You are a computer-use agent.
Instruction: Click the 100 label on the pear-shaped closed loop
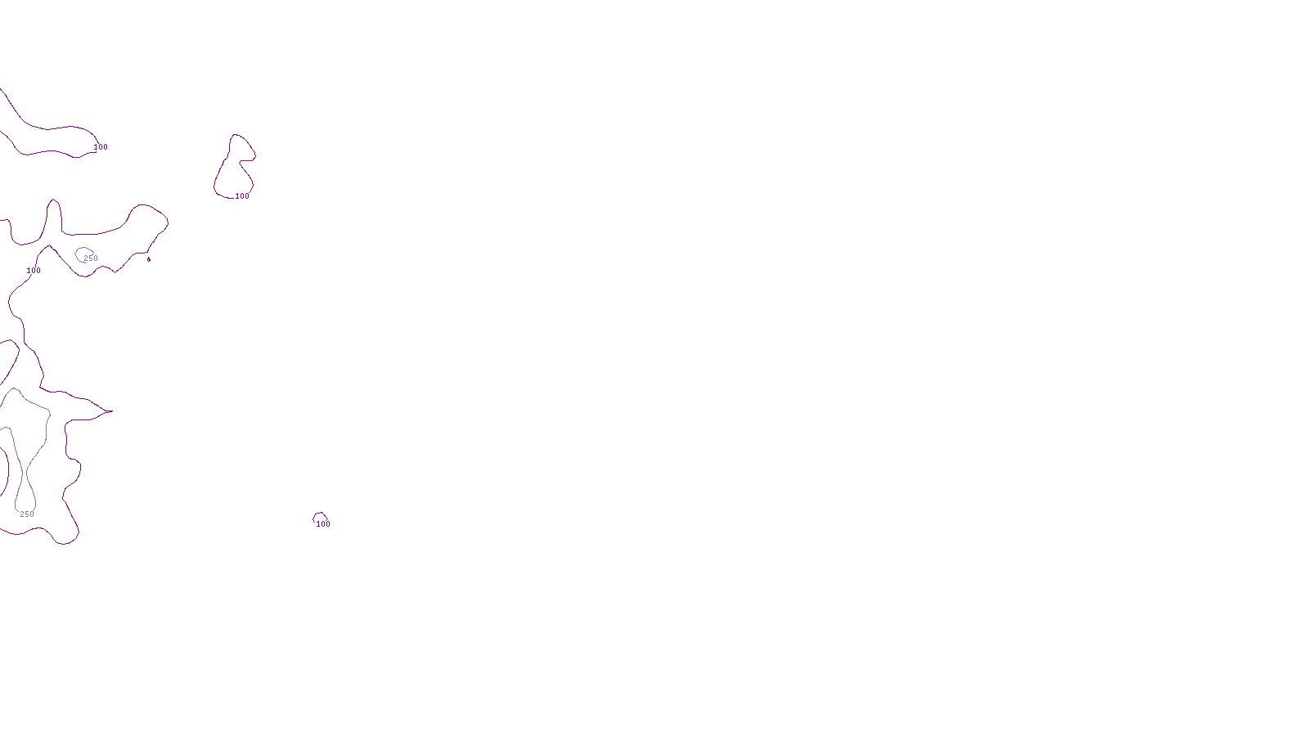(x=242, y=196)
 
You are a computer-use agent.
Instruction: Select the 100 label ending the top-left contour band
(x=101, y=147)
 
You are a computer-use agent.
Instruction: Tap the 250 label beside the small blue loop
(x=91, y=258)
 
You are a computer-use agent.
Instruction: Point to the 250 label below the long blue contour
(x=27, y=514)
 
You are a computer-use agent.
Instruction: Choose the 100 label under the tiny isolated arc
(x=323, y=524)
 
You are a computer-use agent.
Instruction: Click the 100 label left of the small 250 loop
(x=34, y=271)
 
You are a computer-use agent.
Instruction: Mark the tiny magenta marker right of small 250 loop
(x=149, y=259)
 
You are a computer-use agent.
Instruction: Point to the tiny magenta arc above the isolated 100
(x=319, y=514)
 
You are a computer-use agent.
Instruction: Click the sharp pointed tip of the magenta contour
(x=110, y=411)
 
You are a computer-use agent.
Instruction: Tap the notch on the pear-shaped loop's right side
(x=244, y=161)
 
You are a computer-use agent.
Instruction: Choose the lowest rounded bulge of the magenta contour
(x=65, y=542)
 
